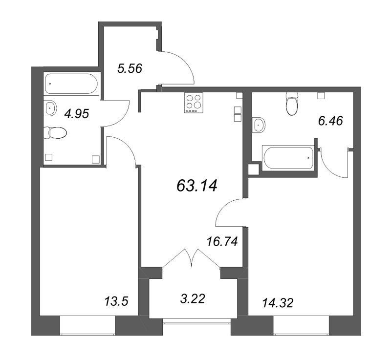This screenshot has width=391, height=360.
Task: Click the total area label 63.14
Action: click(x=197, y=186)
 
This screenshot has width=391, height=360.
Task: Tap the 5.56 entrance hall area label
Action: click(x=130, y=68)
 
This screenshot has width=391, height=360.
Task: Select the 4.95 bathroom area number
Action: click(x=77, y=114)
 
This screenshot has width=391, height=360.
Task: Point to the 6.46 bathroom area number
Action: click(x=331, y=121)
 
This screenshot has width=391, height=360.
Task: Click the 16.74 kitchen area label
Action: click(x=222, y=242)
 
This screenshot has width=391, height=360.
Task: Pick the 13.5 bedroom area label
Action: click(x=116, y=301)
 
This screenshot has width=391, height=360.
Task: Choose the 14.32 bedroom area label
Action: click(x=278, y=303)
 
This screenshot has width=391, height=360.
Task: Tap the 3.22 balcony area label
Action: click(x=193, y=299)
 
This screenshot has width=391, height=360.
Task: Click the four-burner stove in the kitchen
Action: click(x=194, y=103)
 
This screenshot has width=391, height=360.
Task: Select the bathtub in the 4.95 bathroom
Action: click(x=72, y=84)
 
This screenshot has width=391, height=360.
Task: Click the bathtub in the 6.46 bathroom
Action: click(x=288, y=158)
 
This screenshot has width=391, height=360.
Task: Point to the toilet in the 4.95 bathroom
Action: click(x=55, y=133)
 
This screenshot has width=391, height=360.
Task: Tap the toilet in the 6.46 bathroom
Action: click(x=292, y=104)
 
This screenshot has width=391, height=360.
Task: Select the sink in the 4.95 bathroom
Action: click(x=50, y=108)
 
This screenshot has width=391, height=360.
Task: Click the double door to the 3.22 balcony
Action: click(x=192, y=258)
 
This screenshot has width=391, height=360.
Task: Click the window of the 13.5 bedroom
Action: click(x=87, y=325)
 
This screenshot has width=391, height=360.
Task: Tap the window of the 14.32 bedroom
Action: click(x=301, y=325)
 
